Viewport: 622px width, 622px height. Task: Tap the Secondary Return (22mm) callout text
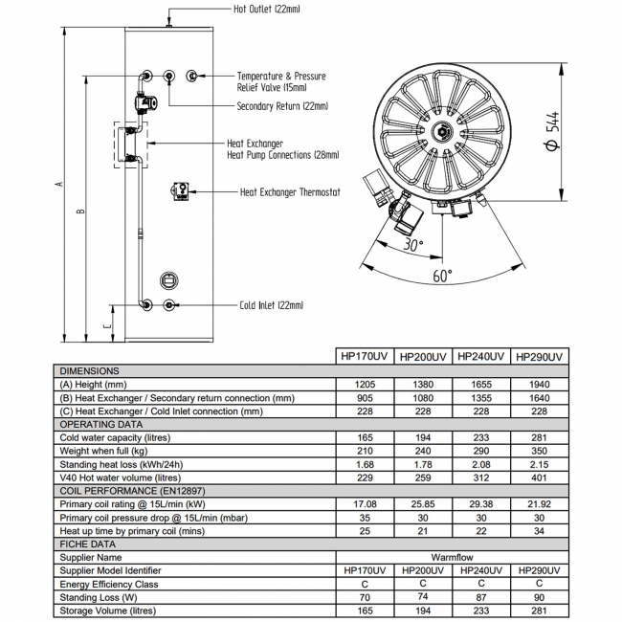pyautogui.click(x=282, y=106)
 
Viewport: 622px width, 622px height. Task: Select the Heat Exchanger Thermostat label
pyautogui.click(x=290, y=191)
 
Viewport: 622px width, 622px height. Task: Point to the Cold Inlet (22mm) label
pyautogui.click(x=271, y=305)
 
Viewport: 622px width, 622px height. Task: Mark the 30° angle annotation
pyautogui.click(x=412, y=244)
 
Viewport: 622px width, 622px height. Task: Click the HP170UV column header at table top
pyautogui.click(x=365, y=356)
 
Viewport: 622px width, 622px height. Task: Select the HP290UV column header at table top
pyautogui.click(x=539, y=356)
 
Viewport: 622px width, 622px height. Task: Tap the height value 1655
pyautogui.click(x=480, y=384)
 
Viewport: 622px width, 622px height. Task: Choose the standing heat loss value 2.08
pyautogui.click(x=480, y=464)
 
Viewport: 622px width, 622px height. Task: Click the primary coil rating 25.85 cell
pyautogui.click(x=422, y=503)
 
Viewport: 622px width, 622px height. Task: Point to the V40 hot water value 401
pyautogui.click(x=539, y=478)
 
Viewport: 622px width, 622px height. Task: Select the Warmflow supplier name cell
pyautogui.click(x=452, y=556)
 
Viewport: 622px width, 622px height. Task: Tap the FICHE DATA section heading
pyautogui.click(x=92, y=543)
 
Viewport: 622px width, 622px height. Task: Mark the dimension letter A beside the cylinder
pyautogui.click(x=59, y=184)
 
